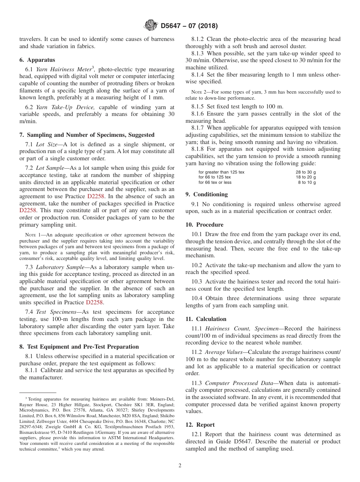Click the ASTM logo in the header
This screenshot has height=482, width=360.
pyautogui.click(x=151, y=26)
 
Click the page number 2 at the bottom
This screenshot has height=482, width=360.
pyautogui.click(x=180, y=465)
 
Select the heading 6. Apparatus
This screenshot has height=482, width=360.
pyautogui.click(x=37, y=60)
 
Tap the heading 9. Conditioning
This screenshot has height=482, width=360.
pyautogui.click(x=207, y=194)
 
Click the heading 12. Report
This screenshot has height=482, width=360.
pyautogui.click(x=200, y=425)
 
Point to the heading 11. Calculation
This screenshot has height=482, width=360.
pyautogui.click(x=206, y=319)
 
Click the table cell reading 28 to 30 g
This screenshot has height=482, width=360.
pyautogui.click(x=305, y=172)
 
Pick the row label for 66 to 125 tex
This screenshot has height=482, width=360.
pyautogui.click(x=214, y=177)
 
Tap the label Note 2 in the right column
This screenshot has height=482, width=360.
pyautogui.click(x=198, y=92)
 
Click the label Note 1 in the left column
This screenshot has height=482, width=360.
pyautogui.click(x=32, y=235)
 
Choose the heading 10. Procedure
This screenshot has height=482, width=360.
pyautogui.click(x=204, y=225)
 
